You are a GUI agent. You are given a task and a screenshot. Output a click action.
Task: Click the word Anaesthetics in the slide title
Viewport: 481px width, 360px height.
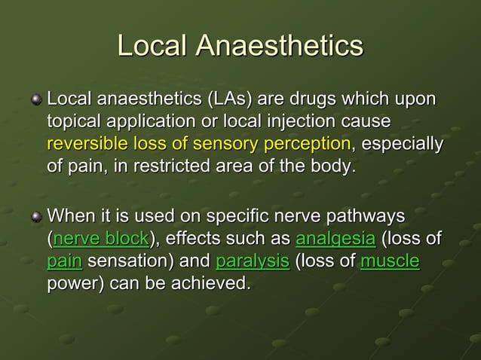tap(280, 46)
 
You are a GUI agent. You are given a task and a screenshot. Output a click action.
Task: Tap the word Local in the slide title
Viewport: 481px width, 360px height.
tap(153, 46)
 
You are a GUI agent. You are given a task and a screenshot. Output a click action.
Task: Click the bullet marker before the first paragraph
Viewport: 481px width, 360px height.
tap(35, 100)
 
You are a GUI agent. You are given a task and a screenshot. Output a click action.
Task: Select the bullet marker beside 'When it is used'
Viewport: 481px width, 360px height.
tap(35, 217)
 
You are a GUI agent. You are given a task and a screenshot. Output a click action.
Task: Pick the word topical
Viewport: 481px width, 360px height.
tap(73, 121)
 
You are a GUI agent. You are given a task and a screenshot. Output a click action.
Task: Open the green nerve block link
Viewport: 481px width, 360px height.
tap(101, 240)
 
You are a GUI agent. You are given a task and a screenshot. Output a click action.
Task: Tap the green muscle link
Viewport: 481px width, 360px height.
tap(390, 262)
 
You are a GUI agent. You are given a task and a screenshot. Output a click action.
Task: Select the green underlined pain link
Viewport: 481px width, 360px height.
tap(64, 262)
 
